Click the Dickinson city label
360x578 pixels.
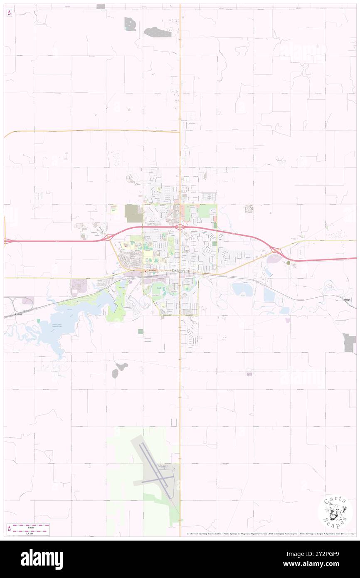coord(180,271)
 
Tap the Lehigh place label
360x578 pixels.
coord(346,299)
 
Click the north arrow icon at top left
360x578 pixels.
coord(10,12)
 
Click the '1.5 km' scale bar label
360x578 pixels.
coord(29,533)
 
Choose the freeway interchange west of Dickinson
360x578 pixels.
coord(108,237)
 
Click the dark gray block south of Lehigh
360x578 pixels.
coord(349,342)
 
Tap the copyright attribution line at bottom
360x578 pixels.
coord(270,534)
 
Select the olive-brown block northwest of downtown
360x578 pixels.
coord(133,213)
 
